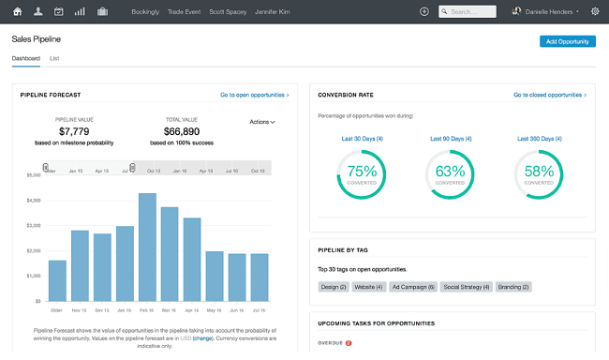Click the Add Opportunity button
pos(568,41)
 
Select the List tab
pos(54,58)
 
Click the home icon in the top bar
pos(17,11)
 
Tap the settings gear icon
pos(595,11)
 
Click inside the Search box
pos(472,11)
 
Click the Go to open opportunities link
pos(254,95)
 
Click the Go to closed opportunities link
pos(549,95)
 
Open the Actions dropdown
pos(262,121)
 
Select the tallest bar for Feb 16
pos(147,247)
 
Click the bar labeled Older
pos(57,279)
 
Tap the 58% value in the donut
pos(539,172)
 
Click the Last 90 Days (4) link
pos(451,139)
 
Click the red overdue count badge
pos(348,343)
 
